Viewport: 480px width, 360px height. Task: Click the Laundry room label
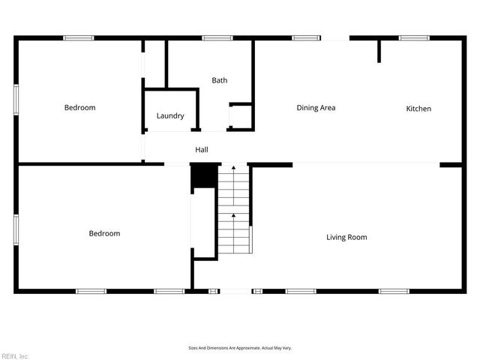(x=170, y=115)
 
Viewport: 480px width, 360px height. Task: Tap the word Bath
(x=219, y=80)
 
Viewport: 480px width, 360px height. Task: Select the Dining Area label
(x=316, y=108)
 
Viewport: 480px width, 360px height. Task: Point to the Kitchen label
(x=418, y=109)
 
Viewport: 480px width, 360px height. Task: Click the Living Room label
(x=346, y=237)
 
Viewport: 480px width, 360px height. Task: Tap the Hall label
(x=202, y=150)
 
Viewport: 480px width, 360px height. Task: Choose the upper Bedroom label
(x=79, y=108)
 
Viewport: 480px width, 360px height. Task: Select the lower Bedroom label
(x=104, y=233)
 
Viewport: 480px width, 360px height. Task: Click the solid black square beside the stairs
(x=202, y=177)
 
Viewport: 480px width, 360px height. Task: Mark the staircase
(x=234, y=211)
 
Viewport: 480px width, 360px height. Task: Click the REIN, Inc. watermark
(x=15, y=355)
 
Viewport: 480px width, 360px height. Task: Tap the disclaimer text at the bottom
(x=239, y=348)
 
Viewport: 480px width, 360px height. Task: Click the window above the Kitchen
(x=413, y=37)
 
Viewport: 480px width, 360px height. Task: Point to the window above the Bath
(x=217, y=37)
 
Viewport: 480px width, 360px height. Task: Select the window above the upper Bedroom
(x=78, y=37)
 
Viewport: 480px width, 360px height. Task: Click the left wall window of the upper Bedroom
(x=16, y=99)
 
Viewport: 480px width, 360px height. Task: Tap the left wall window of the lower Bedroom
(x=16, y=229)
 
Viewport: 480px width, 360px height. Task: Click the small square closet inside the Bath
(x=240, y=117)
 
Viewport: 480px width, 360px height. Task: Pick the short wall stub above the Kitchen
(x=379, y=51)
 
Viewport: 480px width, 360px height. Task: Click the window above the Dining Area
(x=306, y=37)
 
